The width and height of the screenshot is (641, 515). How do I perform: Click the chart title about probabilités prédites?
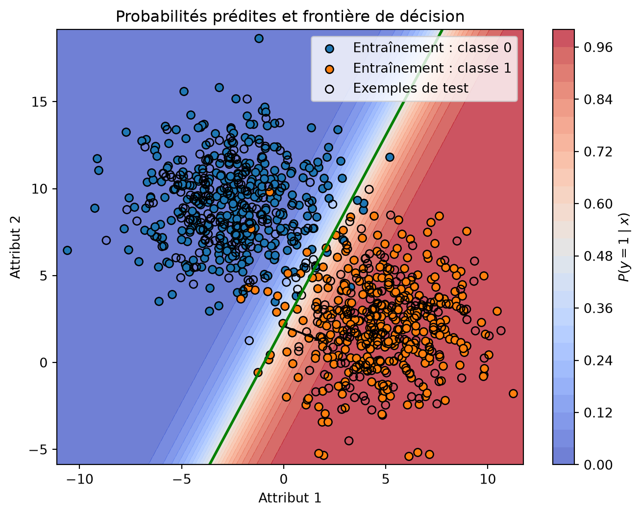point(290,17)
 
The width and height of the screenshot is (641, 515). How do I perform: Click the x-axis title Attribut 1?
point(290,498)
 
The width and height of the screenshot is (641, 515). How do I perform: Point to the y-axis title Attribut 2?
point(15,247)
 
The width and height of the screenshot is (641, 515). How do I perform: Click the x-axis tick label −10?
point(79,479)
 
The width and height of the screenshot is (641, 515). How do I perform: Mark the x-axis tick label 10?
point(488,479)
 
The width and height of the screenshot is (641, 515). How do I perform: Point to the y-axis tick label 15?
point(39,102)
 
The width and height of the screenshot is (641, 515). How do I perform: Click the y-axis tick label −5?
point(38,449)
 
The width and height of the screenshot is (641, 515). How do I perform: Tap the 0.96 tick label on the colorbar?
point(598,48)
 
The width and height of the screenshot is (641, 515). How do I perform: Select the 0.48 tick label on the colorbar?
point(598,256)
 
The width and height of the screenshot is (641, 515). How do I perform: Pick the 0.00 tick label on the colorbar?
point(598,465)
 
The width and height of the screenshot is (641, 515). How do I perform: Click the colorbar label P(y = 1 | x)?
point(624,247)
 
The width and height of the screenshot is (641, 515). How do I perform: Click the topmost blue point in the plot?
point(259,38)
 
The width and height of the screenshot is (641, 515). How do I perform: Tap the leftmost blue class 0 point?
point(67,250)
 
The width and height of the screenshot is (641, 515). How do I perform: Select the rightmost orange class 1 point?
point(513,394)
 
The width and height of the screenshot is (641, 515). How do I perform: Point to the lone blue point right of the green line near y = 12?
point(390,157)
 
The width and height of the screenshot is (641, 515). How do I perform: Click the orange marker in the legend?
point(329,70)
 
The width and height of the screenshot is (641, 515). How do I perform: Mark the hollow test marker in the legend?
point(329,89)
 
